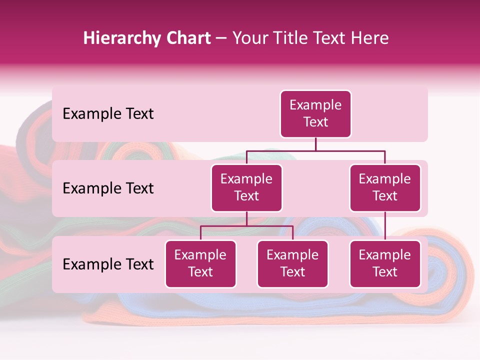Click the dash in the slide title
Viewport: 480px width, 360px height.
click(x=221, y=39)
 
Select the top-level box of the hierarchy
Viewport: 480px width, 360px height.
click(x=315, y=114)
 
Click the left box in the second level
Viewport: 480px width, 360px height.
click(x=246, y=188)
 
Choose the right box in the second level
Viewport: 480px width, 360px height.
click(x=385, y=188)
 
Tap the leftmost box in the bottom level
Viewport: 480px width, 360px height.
click(x=200, y=264)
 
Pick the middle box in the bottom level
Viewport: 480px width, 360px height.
click(x=292, y=264)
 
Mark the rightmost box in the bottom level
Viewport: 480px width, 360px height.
click(x=385, y=264)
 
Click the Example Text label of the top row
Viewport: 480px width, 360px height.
click(x=108, y=114)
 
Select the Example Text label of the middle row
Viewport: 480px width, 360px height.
click(x=108, y=188)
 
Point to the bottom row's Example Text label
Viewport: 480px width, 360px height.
click(x=108, y=264)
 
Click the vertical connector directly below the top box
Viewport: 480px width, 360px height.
click(x=315, y=144)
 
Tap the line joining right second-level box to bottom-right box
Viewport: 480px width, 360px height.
click(x=385, y=226)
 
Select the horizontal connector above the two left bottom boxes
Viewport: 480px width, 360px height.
click(x=246, y=226)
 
